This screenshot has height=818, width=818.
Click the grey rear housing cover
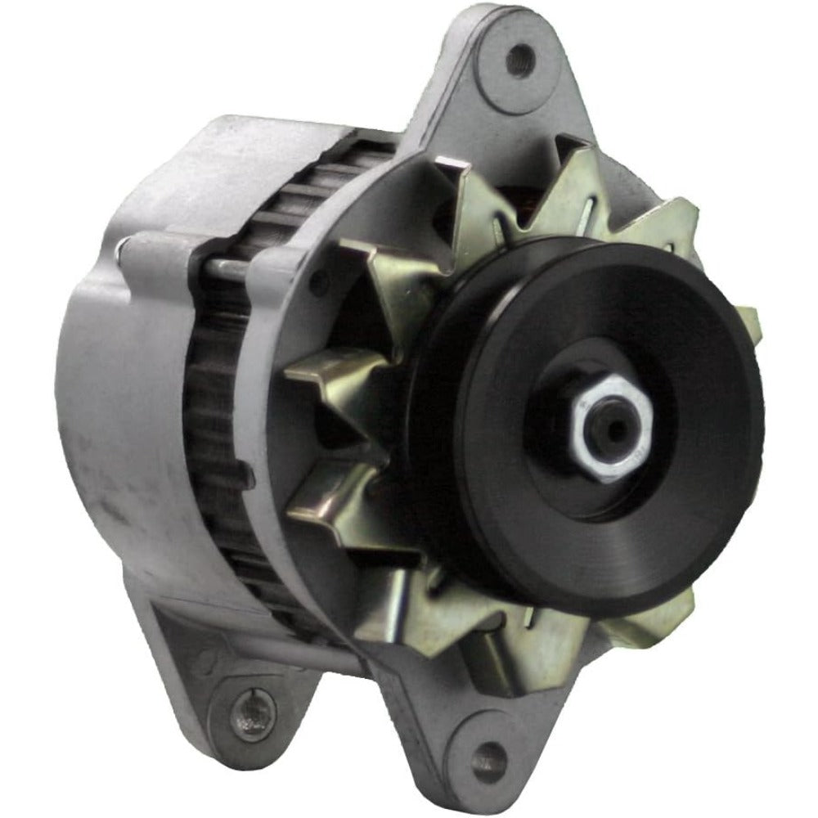123,393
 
